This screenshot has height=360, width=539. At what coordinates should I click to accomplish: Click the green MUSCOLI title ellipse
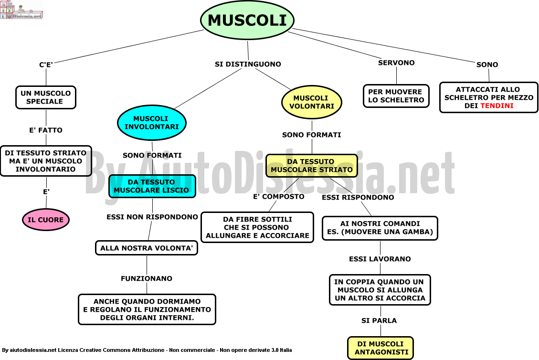(x=247, y=20)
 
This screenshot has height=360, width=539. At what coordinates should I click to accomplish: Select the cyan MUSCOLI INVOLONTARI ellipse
(x=152, y=123)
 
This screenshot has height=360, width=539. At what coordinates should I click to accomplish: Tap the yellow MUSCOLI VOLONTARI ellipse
(x=312, y=102)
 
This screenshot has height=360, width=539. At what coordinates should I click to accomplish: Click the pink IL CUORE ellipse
(x=46, y=220)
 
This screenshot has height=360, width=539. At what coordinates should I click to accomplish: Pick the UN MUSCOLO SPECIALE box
(x=46, y=97)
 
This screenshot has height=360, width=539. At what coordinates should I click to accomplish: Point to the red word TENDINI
(x=497, y=106)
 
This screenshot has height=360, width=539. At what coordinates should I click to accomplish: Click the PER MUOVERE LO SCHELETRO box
(x=396, y=96)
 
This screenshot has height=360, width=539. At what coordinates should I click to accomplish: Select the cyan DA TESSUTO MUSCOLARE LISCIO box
(x=152, y=186)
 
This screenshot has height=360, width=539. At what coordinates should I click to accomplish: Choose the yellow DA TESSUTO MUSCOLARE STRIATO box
(x=312, y=166)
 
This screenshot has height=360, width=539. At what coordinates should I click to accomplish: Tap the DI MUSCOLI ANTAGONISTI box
(x=380, y=348)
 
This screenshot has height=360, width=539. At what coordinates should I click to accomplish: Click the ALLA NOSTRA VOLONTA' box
(x=147, y=248)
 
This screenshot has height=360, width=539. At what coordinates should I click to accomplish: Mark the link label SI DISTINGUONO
(x=248, y=64)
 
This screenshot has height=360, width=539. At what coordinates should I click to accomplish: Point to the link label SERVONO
(x=396, y=63)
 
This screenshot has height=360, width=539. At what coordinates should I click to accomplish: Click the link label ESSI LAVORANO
(x=380, y=259)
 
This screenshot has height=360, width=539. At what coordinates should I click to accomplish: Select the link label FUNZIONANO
(x=147, y=278)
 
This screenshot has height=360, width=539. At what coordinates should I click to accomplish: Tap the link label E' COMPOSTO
(x=279, y=197)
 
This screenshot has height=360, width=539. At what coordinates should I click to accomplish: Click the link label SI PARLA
(x=379, y=320)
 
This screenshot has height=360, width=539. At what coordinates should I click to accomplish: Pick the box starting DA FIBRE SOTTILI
(x=257, y=227)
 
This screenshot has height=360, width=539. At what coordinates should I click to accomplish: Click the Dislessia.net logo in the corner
(x=21, y=10)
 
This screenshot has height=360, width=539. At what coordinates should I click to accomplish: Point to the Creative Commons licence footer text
(x=147, y=350)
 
